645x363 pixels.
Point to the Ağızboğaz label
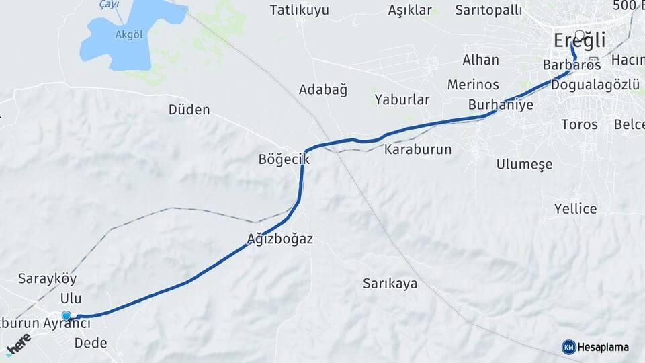280,239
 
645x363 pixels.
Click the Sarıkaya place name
390,283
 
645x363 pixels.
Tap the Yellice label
575,208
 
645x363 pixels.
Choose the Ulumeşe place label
524,164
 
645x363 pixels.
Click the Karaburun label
417,149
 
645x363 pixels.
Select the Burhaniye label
501,104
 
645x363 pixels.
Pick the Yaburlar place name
402,99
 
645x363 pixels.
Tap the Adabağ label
323,90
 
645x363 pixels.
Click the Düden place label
189,109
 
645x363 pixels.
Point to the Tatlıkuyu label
300,10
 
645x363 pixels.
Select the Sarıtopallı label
488,10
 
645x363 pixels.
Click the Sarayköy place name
47,278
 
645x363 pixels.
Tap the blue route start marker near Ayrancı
66,315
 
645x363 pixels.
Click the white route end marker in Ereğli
580,34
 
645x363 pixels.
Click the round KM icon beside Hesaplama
568,347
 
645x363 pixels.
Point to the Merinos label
473,84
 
